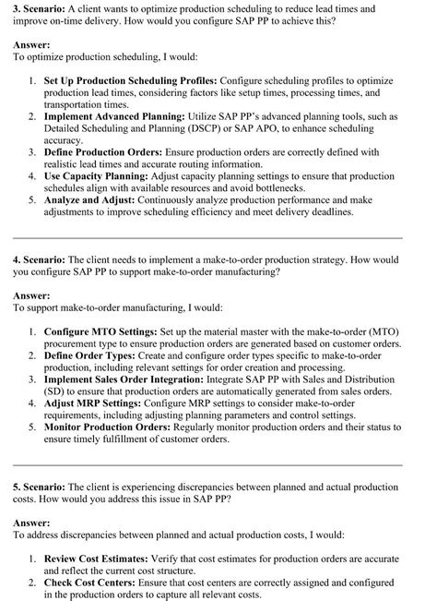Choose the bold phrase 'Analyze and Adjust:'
pos(89,199)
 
